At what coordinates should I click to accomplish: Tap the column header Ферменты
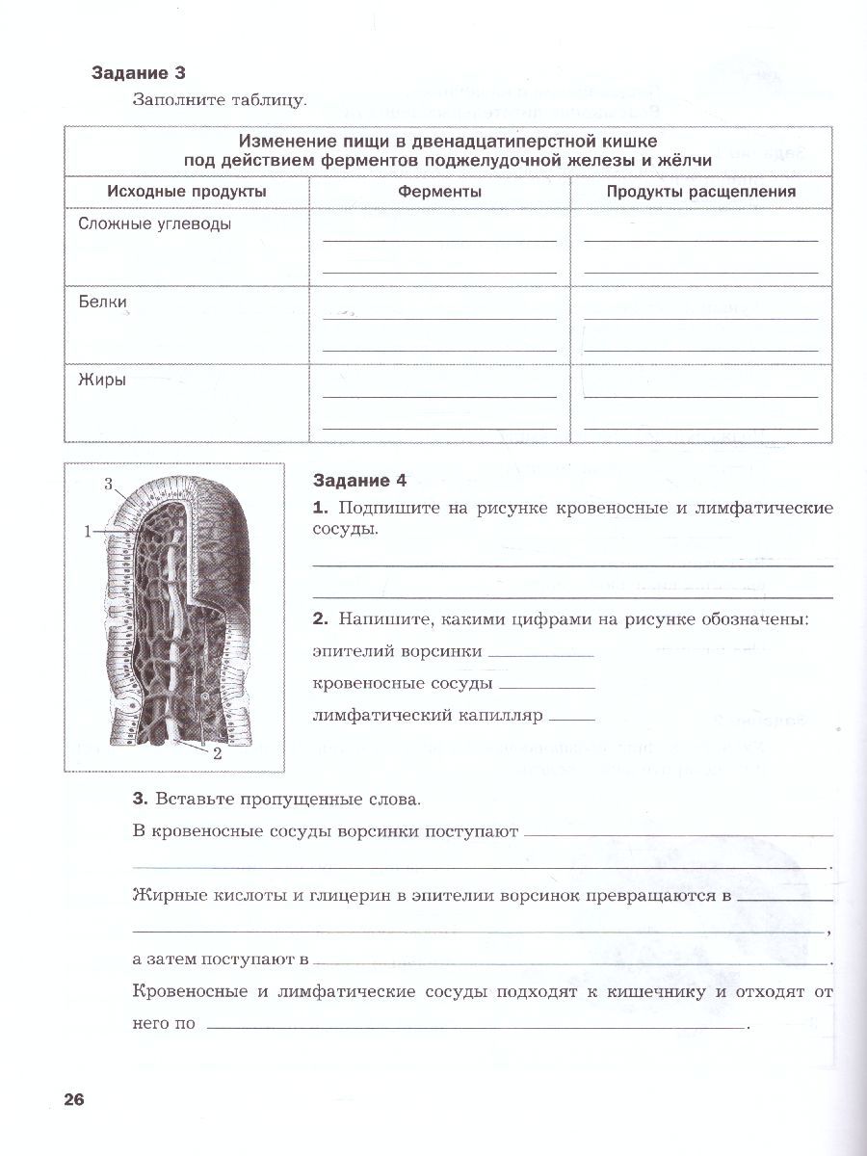439,192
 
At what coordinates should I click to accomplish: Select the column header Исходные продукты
187,192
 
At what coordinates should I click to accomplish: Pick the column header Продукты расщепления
700,192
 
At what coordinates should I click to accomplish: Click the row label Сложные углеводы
154,223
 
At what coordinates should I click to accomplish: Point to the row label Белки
102,302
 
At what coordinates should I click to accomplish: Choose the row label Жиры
101,380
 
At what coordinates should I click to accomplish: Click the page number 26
75,1100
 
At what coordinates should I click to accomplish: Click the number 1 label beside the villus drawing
87,530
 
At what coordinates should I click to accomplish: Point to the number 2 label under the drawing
218,754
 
